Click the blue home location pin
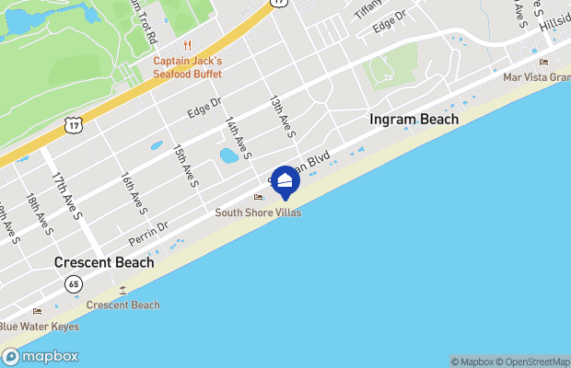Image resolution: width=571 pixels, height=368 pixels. coord(285,181)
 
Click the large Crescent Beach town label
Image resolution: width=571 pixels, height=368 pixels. coord(103,262)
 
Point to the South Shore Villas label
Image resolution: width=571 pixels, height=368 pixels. coord(258,213)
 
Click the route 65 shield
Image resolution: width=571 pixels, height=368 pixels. coord(73,284)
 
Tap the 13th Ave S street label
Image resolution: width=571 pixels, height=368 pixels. coord(282,116)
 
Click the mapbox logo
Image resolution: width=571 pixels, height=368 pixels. coord(41,357)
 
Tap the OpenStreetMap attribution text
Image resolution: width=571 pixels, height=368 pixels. coord(534,362)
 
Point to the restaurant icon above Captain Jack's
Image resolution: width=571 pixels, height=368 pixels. coord(188,45)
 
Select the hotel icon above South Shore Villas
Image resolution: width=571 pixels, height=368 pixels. coord(258,197)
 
